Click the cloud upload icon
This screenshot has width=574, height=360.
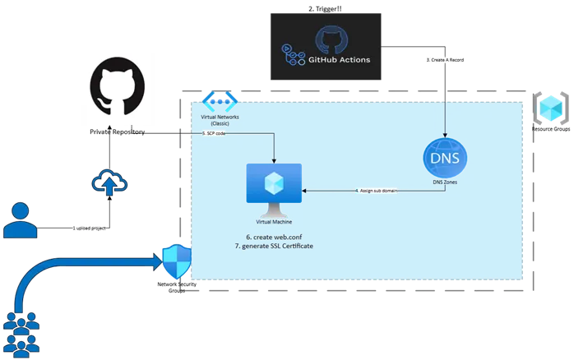(x=109, y=182)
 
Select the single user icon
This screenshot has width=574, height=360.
(x=20, y=219)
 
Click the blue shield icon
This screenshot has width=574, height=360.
(x=176, y=262)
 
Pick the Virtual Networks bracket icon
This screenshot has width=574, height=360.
(x=220, y=102)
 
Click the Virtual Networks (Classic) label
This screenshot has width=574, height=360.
(x=220, y=120)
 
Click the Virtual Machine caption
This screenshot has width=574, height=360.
(x=274, y=222)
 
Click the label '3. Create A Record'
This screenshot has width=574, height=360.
(x=445, y=60)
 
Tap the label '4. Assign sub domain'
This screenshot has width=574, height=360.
(x=376, y=191)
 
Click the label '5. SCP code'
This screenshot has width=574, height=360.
(x=215, y=132)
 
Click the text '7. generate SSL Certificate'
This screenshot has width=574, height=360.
(x=274, y=247)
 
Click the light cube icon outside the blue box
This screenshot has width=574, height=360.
(x=548, y=107)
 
